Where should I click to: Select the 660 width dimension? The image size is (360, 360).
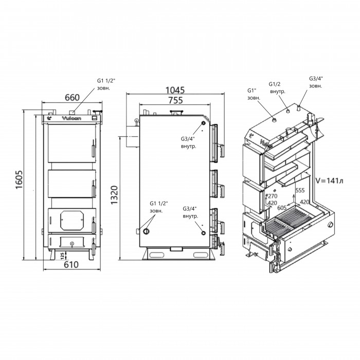pyautogui.click(x=72, y=97)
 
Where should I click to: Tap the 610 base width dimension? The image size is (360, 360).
pyautogui.click(x=71, y=265)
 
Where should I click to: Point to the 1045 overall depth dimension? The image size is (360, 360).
pyautogui.click(x=175, y=90)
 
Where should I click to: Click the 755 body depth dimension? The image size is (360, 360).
pyautogui.click(x=175, y=100)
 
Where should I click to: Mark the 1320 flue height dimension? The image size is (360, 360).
pyautogui.click(x=114, y=195)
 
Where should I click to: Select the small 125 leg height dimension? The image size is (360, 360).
pyautogui.click(x=62, y=255)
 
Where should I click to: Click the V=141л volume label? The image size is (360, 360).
pyautogui.click(x=329, y=181)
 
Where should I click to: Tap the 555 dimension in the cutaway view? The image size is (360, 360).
pyautogui.click(x=300, y=190)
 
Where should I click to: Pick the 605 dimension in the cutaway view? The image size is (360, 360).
pyautogui.click(x=282, y=208)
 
